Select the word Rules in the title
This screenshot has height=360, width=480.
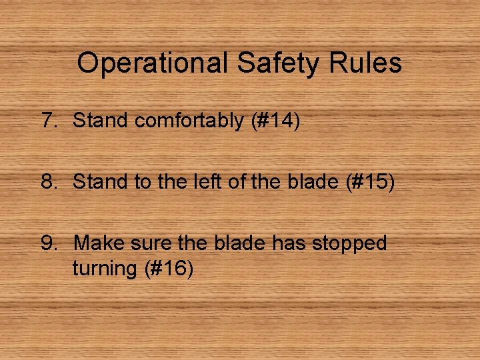pos(369,63)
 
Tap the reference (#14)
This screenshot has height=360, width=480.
pos(275,121)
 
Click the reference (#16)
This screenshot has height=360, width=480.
pos(167,269)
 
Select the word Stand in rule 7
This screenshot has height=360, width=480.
pos(101,121)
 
